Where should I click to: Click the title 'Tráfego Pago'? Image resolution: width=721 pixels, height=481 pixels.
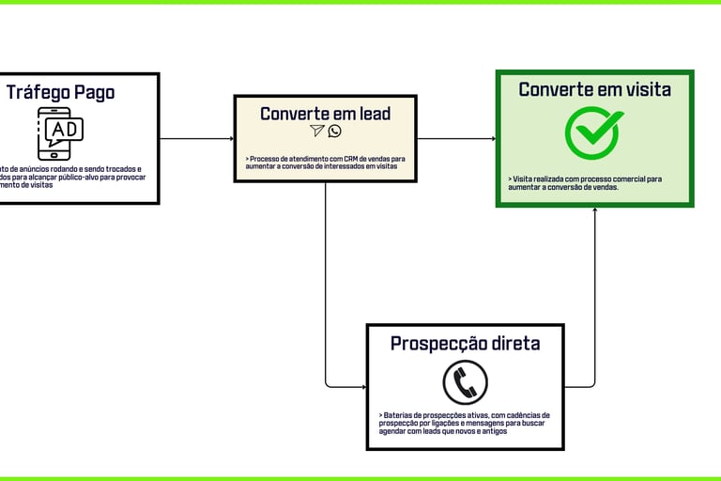(60, 92)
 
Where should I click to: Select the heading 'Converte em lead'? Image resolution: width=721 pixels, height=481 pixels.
(325, 114)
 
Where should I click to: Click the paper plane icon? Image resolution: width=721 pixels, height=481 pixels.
(317, 132)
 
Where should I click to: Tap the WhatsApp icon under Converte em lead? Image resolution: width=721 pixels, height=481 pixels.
(334, 132)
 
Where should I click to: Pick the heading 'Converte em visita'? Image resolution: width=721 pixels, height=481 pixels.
(594, 89)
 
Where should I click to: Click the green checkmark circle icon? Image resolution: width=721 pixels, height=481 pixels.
(594, 132)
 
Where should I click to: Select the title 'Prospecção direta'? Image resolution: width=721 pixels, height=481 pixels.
(465, 343)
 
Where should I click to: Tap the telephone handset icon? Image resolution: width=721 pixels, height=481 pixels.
(465, 382)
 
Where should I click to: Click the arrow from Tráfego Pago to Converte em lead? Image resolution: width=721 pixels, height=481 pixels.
(196, 139)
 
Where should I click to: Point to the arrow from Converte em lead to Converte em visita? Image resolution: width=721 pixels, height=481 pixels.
(456, 139)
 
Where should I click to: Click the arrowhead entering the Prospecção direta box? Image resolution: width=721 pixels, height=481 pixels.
(362, 386)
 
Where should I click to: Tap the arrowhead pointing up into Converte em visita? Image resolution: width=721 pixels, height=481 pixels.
(594, 211)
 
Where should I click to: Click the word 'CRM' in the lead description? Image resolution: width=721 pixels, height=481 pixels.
(353, 160)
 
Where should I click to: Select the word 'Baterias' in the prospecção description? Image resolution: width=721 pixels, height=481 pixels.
(400, 414)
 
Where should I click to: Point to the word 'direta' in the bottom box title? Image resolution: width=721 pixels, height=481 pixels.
(512, 343)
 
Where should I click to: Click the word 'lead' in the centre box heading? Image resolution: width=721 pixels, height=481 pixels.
(371, 114)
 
